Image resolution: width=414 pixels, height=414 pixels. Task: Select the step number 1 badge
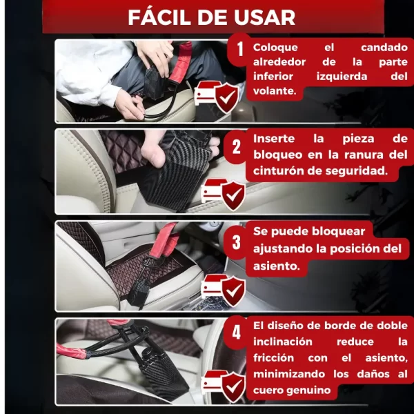click(x=239, y=50)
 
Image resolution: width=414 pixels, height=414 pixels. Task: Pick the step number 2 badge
click(x=236, y=147)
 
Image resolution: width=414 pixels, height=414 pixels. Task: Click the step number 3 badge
click(x=236, y=242)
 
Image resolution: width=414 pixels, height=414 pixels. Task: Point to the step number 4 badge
click(x=236, y=332)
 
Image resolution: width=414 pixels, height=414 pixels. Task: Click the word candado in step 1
click(x=384, y=48)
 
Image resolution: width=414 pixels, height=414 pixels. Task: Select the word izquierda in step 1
click(x=342, y=77)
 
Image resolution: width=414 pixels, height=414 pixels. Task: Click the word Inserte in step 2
click(x=274, y=139)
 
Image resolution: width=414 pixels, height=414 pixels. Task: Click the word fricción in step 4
click(x=273, y=358)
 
